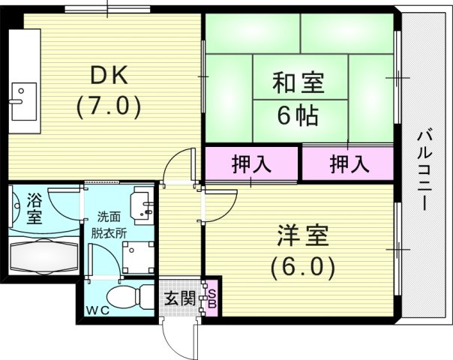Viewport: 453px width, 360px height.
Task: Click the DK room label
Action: (x=109, y=75)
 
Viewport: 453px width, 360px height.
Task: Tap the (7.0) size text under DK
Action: (x=109, y=107)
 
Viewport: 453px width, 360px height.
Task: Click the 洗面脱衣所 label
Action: (x=105, y=223)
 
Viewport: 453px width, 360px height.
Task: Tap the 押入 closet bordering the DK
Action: (x=251, y=163)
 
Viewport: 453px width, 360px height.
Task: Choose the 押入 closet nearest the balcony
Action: (x=348, y=163)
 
